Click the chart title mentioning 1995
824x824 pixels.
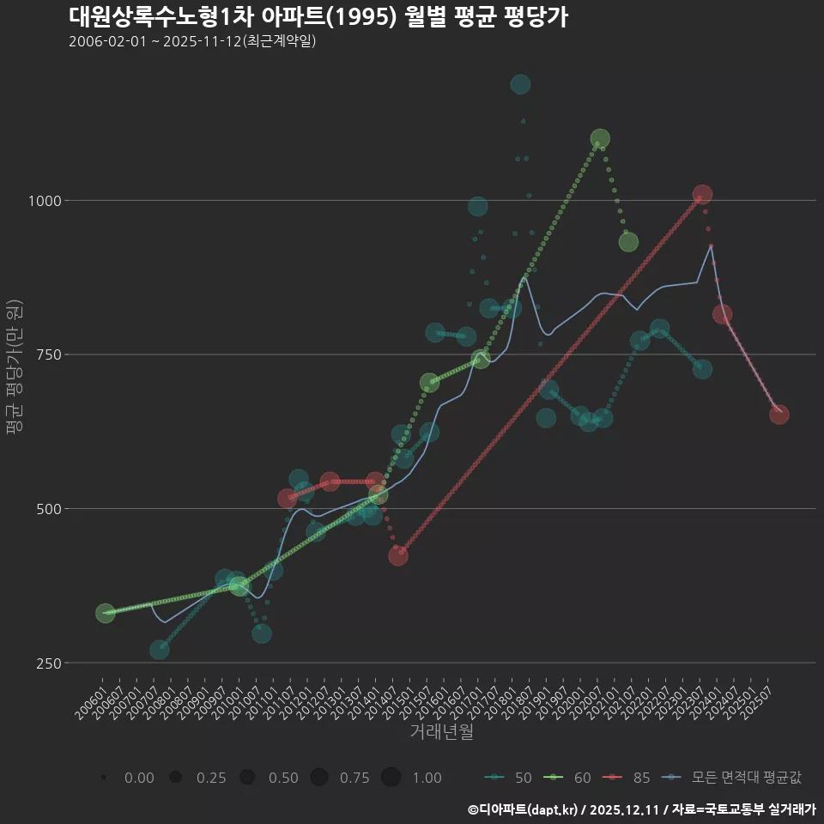[x=318, y=17]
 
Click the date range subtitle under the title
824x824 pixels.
[x=193, y=41]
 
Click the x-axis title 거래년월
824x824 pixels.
[x=441, y=732]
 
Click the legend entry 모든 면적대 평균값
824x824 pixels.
[x=734, y=778]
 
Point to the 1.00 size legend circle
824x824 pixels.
[x=391, y=778]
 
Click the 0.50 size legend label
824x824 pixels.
[x=282, y=778]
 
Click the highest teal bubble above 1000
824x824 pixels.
[x=520, y=84]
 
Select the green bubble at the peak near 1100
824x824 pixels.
[x=600, y=139]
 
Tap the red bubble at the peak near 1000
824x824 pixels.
[x=702, y=195]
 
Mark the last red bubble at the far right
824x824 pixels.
[x=779, y=415]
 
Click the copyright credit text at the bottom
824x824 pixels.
[x=641, y=809]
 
